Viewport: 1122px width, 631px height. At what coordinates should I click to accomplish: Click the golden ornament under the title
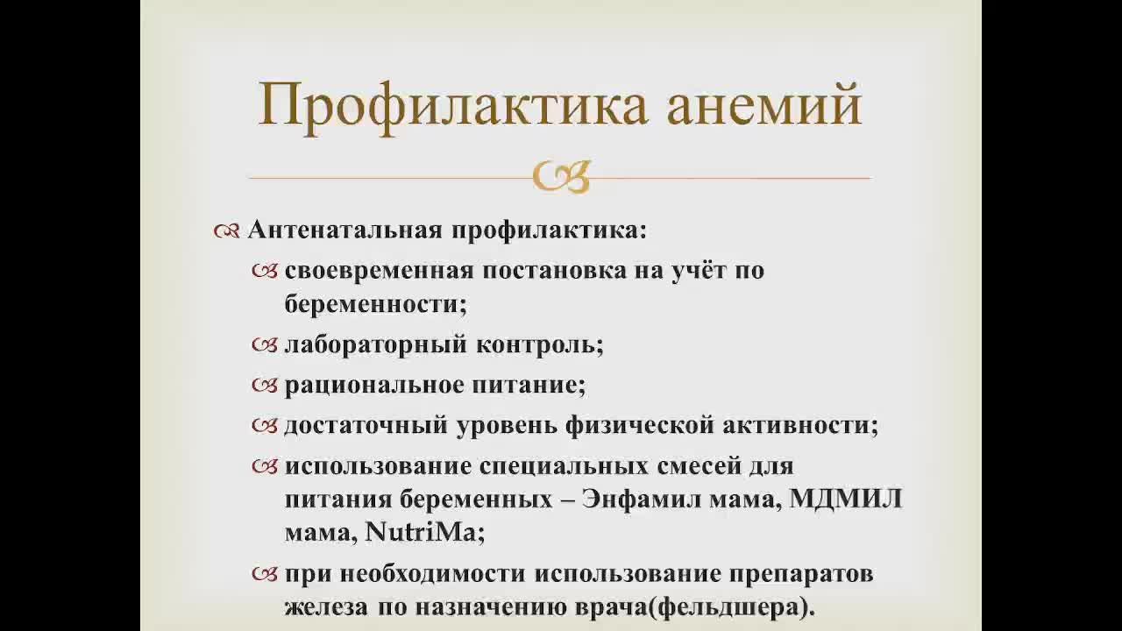pos(561,176)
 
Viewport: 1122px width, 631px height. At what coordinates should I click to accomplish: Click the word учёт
pos(692,270)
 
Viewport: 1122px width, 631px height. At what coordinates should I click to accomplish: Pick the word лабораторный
pos(375,344)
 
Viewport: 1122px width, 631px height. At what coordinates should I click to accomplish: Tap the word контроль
pos(539,344)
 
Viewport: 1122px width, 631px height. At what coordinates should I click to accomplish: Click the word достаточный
pos(366,425)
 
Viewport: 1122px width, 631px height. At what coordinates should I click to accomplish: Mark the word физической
pos(637,425)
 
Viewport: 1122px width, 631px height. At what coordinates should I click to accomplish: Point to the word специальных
pos(570,465)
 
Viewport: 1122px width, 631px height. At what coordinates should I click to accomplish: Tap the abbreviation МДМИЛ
pos(845,500)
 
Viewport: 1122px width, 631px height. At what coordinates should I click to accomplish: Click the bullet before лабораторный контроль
pos(264,344)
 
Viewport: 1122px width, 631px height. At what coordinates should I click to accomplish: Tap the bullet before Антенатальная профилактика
pos(226,231)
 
